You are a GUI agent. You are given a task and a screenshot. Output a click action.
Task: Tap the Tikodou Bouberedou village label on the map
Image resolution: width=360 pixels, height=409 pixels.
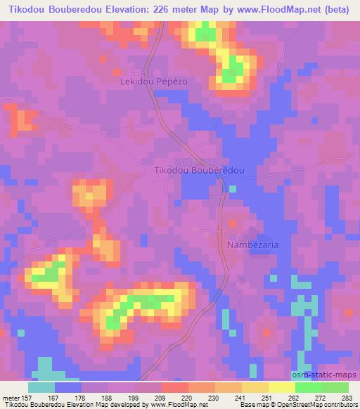point(198,171)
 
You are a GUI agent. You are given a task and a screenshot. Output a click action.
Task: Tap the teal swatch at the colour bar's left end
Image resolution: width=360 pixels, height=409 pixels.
point(41,387)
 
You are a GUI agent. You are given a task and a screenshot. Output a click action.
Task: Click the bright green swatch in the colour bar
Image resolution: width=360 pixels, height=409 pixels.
point(308,387)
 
